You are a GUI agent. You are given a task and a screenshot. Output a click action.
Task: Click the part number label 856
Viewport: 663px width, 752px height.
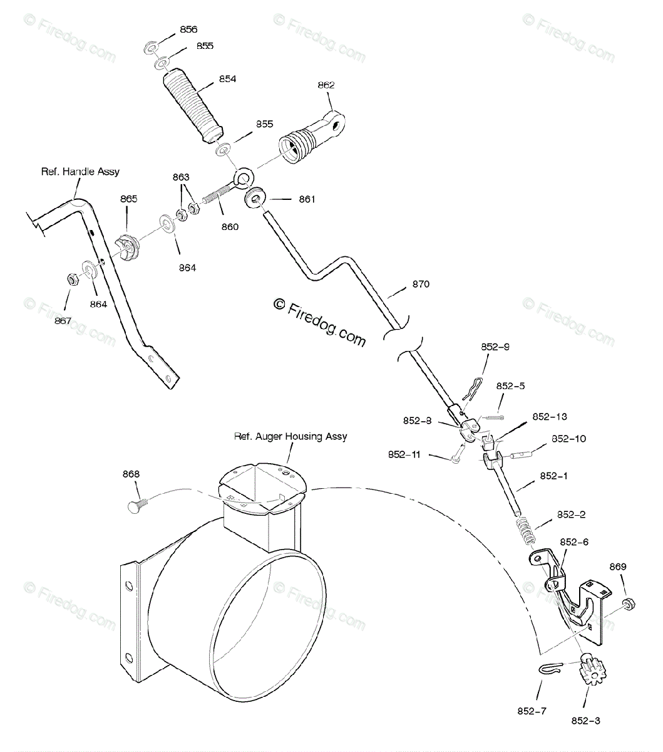point(188,29)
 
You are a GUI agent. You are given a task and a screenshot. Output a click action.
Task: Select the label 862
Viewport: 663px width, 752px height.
point(326,85)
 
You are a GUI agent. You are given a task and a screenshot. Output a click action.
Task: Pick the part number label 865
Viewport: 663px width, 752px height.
point(129,199)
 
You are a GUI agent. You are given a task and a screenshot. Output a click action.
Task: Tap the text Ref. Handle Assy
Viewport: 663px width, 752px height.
point(80,171)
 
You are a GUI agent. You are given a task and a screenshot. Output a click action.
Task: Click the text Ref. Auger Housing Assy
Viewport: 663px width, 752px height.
point(290,436)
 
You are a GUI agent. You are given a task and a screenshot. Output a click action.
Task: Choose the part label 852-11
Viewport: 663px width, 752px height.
point(405,454)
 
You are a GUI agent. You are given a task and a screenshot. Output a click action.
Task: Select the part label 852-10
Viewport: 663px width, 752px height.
point(568,439)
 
